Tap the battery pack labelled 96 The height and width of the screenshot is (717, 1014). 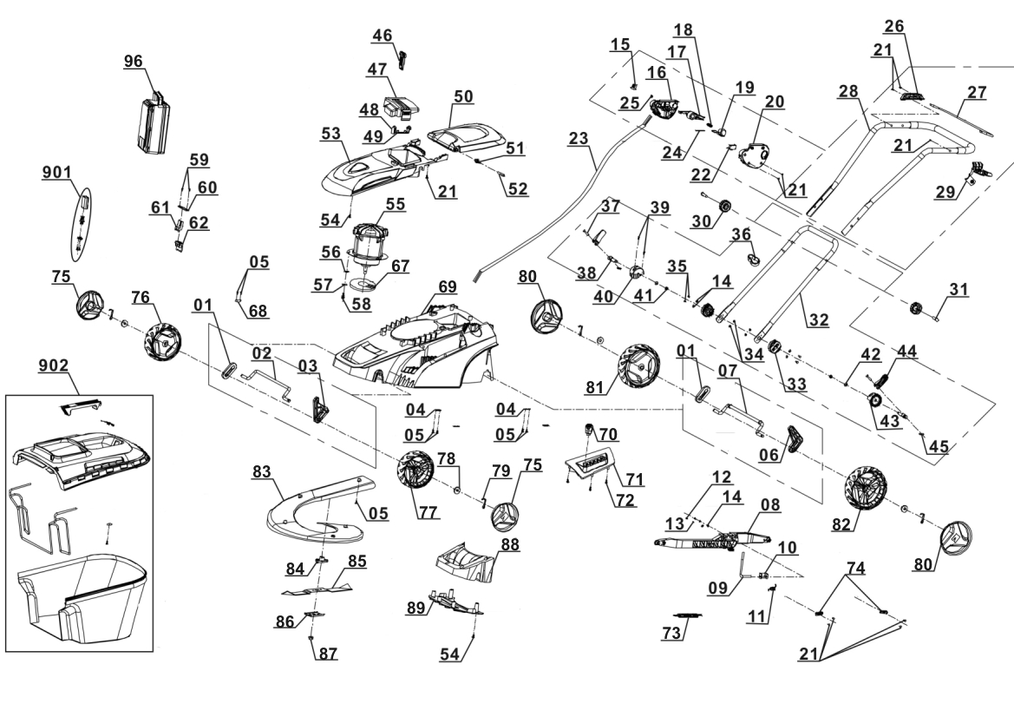[x=157, y=122]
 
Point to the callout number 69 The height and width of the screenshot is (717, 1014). [x=447, y=286]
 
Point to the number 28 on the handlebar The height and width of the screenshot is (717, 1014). [x=849, y=92]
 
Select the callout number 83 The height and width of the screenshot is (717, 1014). [x=285, y=472]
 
